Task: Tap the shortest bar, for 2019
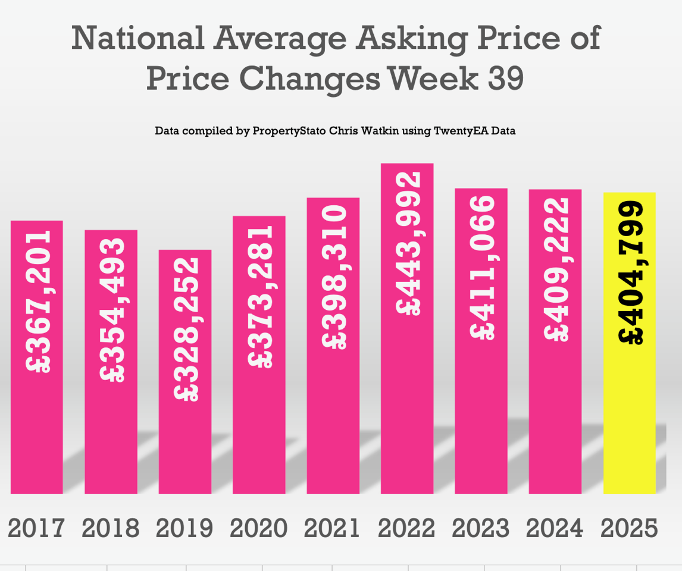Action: click(185, 440)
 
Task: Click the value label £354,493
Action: click(112, 310)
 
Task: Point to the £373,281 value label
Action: click(260, 296)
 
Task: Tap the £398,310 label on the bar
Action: click(334, 277)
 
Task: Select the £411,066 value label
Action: click(482, 267)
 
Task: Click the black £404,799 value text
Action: click(631, 273)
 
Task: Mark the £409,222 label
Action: click(556, 268)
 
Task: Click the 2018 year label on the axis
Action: click(111, 528)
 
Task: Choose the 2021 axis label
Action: click(333, 528)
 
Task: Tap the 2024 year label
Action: click(555, 528)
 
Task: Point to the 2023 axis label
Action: click(481, 528)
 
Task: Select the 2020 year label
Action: click(259, 528)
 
